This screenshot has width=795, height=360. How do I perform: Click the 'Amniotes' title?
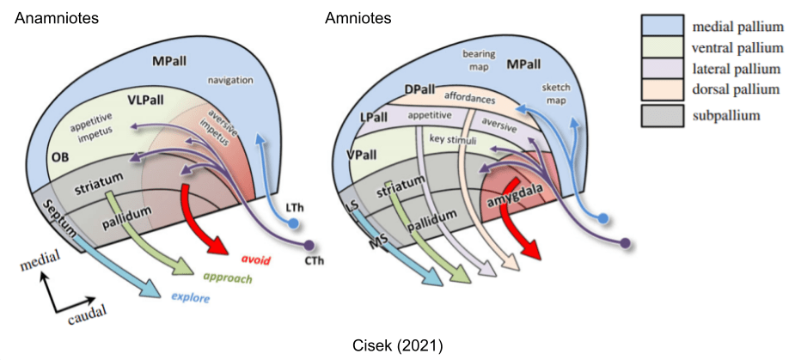tap(358, 17)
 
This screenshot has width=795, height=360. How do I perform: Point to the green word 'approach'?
tap(227, 279)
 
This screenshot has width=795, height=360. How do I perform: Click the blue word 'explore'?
tap(190, 300)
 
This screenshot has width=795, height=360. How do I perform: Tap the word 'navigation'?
tap(229, 80)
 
